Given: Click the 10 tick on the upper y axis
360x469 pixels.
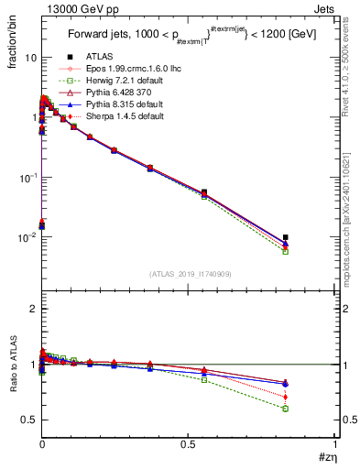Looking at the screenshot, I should point(30,57).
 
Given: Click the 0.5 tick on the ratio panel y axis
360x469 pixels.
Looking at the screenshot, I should point(29,420).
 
